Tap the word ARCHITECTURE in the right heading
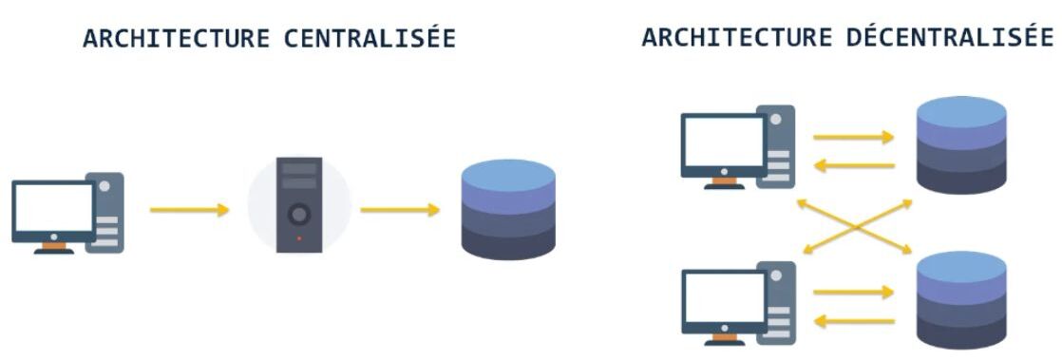[737, 39]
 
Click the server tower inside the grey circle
[299, 205]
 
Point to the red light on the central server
[299, 237]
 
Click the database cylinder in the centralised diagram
[507, 210]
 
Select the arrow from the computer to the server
[190, 209]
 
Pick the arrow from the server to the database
[400, 209]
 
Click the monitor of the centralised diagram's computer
[53, 209]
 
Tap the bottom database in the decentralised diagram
[961, 301]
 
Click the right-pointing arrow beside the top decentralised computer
[854, 137]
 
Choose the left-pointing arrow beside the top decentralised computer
[854, 165]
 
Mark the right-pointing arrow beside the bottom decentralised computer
[854, 293]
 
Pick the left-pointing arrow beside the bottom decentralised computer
[854, 321]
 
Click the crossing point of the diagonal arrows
[854, 227]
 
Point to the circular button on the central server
[299, 214]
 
